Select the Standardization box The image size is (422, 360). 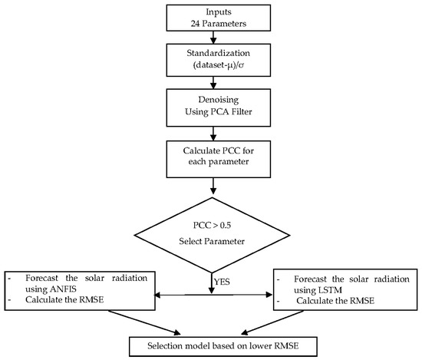(211, 68)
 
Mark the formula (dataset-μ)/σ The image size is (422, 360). (211, 74)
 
